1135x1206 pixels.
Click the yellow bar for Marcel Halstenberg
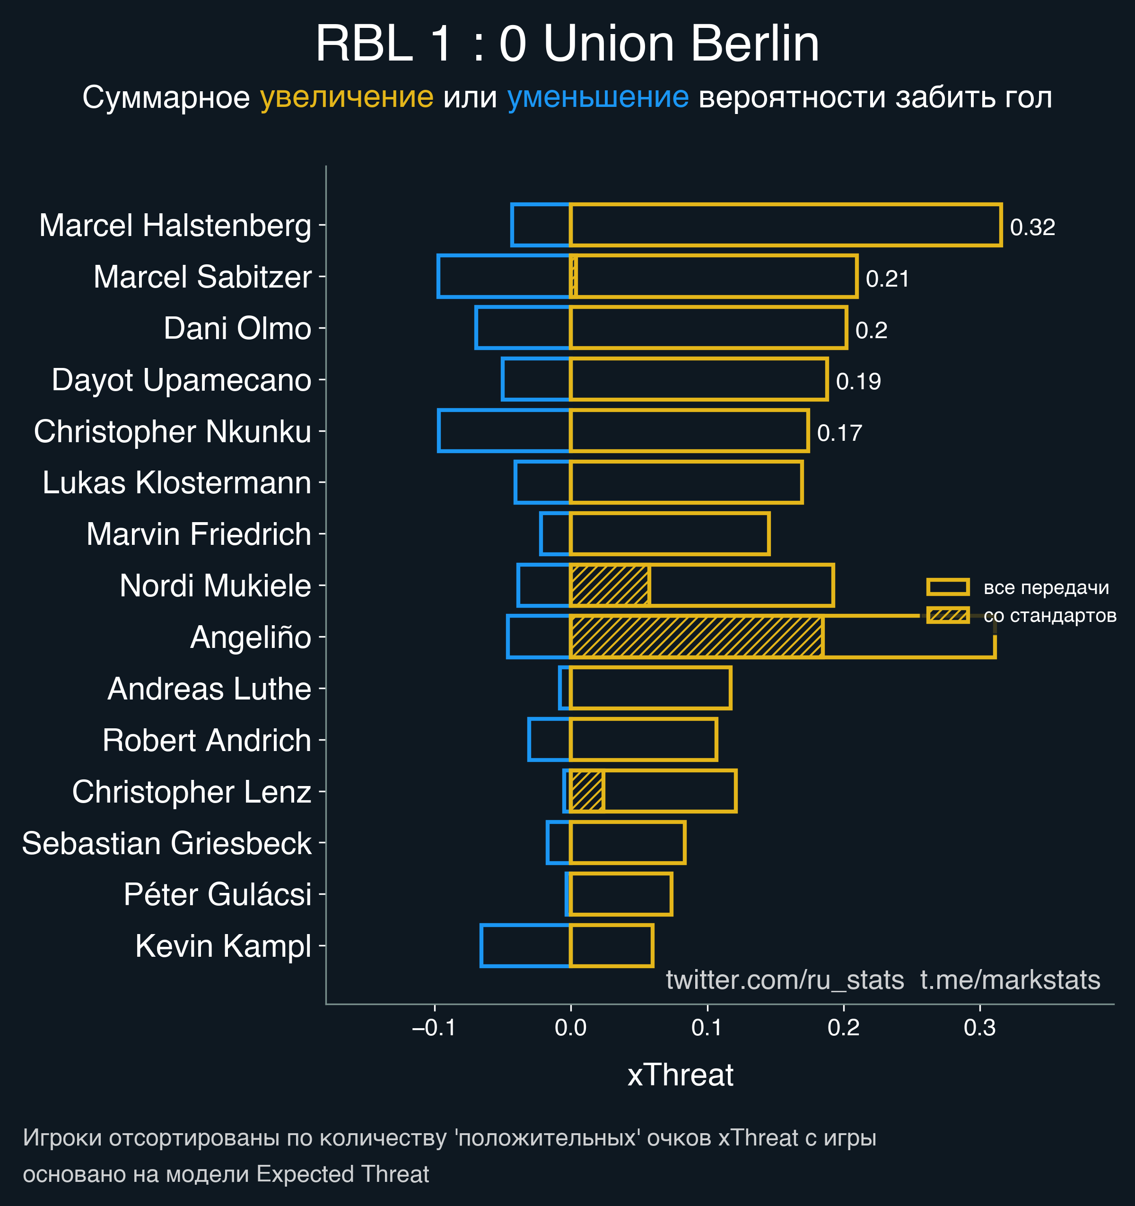pos(785,225)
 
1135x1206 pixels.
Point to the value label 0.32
pos(1032,227)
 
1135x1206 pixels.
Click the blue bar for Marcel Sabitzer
pos(504,277)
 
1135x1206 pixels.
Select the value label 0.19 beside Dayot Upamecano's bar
pos(858,382)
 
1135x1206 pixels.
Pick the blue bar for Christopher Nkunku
pos(504,431)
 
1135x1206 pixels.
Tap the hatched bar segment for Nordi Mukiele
pos(610,586)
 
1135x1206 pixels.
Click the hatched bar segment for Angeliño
pos(697,637)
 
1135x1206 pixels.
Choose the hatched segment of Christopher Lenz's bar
pos(586,791)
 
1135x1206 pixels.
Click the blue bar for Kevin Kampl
pos(525,946)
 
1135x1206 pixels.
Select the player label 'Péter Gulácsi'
pos(217,894)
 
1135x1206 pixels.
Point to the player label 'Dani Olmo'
pos(237,328)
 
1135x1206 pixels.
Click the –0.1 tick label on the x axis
pos(434,1028)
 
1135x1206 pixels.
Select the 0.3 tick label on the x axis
pos(980,1028)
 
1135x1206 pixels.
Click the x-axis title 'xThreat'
pos(680,1075)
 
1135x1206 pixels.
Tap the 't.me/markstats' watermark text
pos(1010,980)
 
